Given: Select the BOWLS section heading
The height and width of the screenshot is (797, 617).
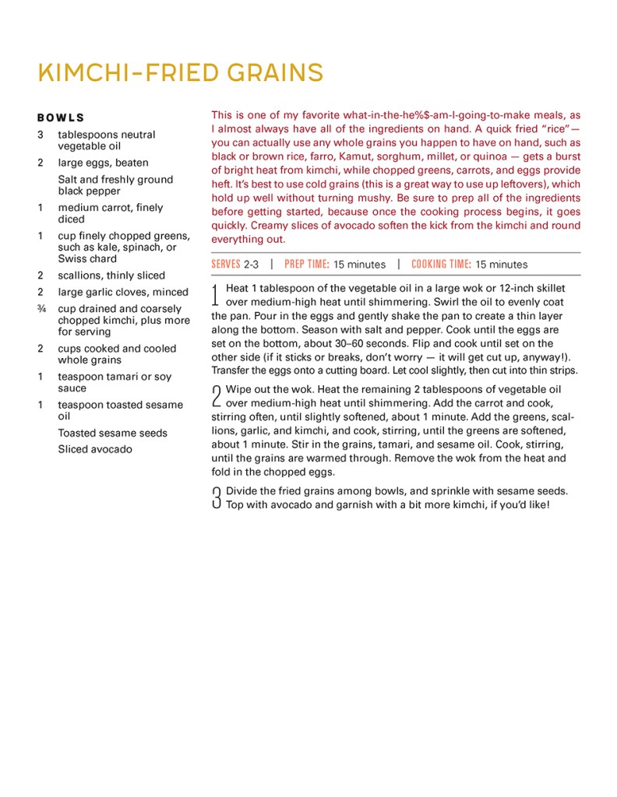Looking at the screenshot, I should pyautogui.click(x=60, y=118).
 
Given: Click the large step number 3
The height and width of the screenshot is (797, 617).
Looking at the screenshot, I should pyautogui.click(x=217, y=497).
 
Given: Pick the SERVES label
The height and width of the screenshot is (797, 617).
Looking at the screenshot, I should pyautogui.click(x=225, y=264).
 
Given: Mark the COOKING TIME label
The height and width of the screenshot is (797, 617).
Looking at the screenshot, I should pyautogui.click(x=441, y=264).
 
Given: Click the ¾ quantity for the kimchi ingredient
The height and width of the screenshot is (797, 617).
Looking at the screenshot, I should pyautogui.click(x=41, y=309).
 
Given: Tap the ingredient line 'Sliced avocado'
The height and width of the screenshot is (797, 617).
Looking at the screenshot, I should pyautogui.click(x=94, y=449).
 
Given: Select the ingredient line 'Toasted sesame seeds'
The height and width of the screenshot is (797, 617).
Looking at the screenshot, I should pyautogui.click(x=112, y=433).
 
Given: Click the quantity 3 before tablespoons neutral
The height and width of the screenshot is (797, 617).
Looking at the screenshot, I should pyautogui.click(x=40, y=135).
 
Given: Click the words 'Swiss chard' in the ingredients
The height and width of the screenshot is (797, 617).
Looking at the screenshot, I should pyautogui.click(x=87, y=258).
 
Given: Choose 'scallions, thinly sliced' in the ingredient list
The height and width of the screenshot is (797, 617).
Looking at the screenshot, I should pyautogui.click(x=111, y=276).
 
